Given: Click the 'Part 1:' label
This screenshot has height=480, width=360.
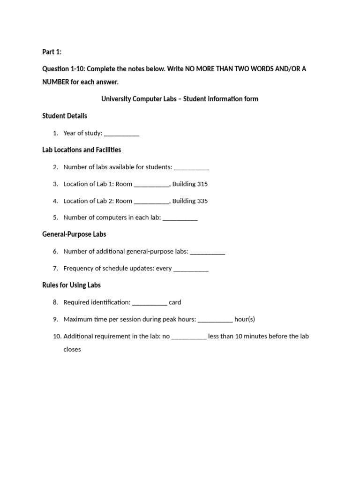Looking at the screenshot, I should (x=52, y=52).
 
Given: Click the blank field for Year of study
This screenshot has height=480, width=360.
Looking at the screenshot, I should (x=121, y=134).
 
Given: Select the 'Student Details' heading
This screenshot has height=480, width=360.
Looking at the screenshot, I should (x=65, y=116).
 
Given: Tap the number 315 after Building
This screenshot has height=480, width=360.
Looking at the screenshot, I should (x=202, y=184).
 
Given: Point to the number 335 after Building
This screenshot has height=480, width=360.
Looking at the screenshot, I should (x=202, y=201).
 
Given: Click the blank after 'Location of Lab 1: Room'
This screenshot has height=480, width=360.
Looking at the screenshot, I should (x=151, y=185).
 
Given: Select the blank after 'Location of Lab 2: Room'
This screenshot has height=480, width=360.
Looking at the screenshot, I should (x=151, y=202).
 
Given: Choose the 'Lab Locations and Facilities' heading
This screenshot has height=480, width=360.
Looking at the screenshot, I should (x=82, y=150).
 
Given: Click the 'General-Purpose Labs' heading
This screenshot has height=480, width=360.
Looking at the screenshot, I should (x=74, y=234).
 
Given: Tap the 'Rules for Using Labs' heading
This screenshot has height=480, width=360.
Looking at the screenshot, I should (x=71, y=285).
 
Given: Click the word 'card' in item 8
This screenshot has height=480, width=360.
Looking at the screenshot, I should (x=175, y=302).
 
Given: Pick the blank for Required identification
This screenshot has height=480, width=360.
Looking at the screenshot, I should (x=150, y=303).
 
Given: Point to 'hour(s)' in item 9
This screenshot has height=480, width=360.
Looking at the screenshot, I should (x=245, y=319).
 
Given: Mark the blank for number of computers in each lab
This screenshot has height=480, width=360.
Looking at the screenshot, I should (x=180, y=218).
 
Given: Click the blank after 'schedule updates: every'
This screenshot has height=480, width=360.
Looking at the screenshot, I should (x=191, y=269).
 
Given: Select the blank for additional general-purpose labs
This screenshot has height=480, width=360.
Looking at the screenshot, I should (x=208, y=252).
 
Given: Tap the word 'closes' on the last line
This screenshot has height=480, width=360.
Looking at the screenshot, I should (x=72, y=349).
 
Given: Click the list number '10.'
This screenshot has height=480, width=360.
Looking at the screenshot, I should (x=57, y=336).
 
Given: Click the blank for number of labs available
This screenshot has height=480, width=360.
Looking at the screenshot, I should (x=191, y=168).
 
